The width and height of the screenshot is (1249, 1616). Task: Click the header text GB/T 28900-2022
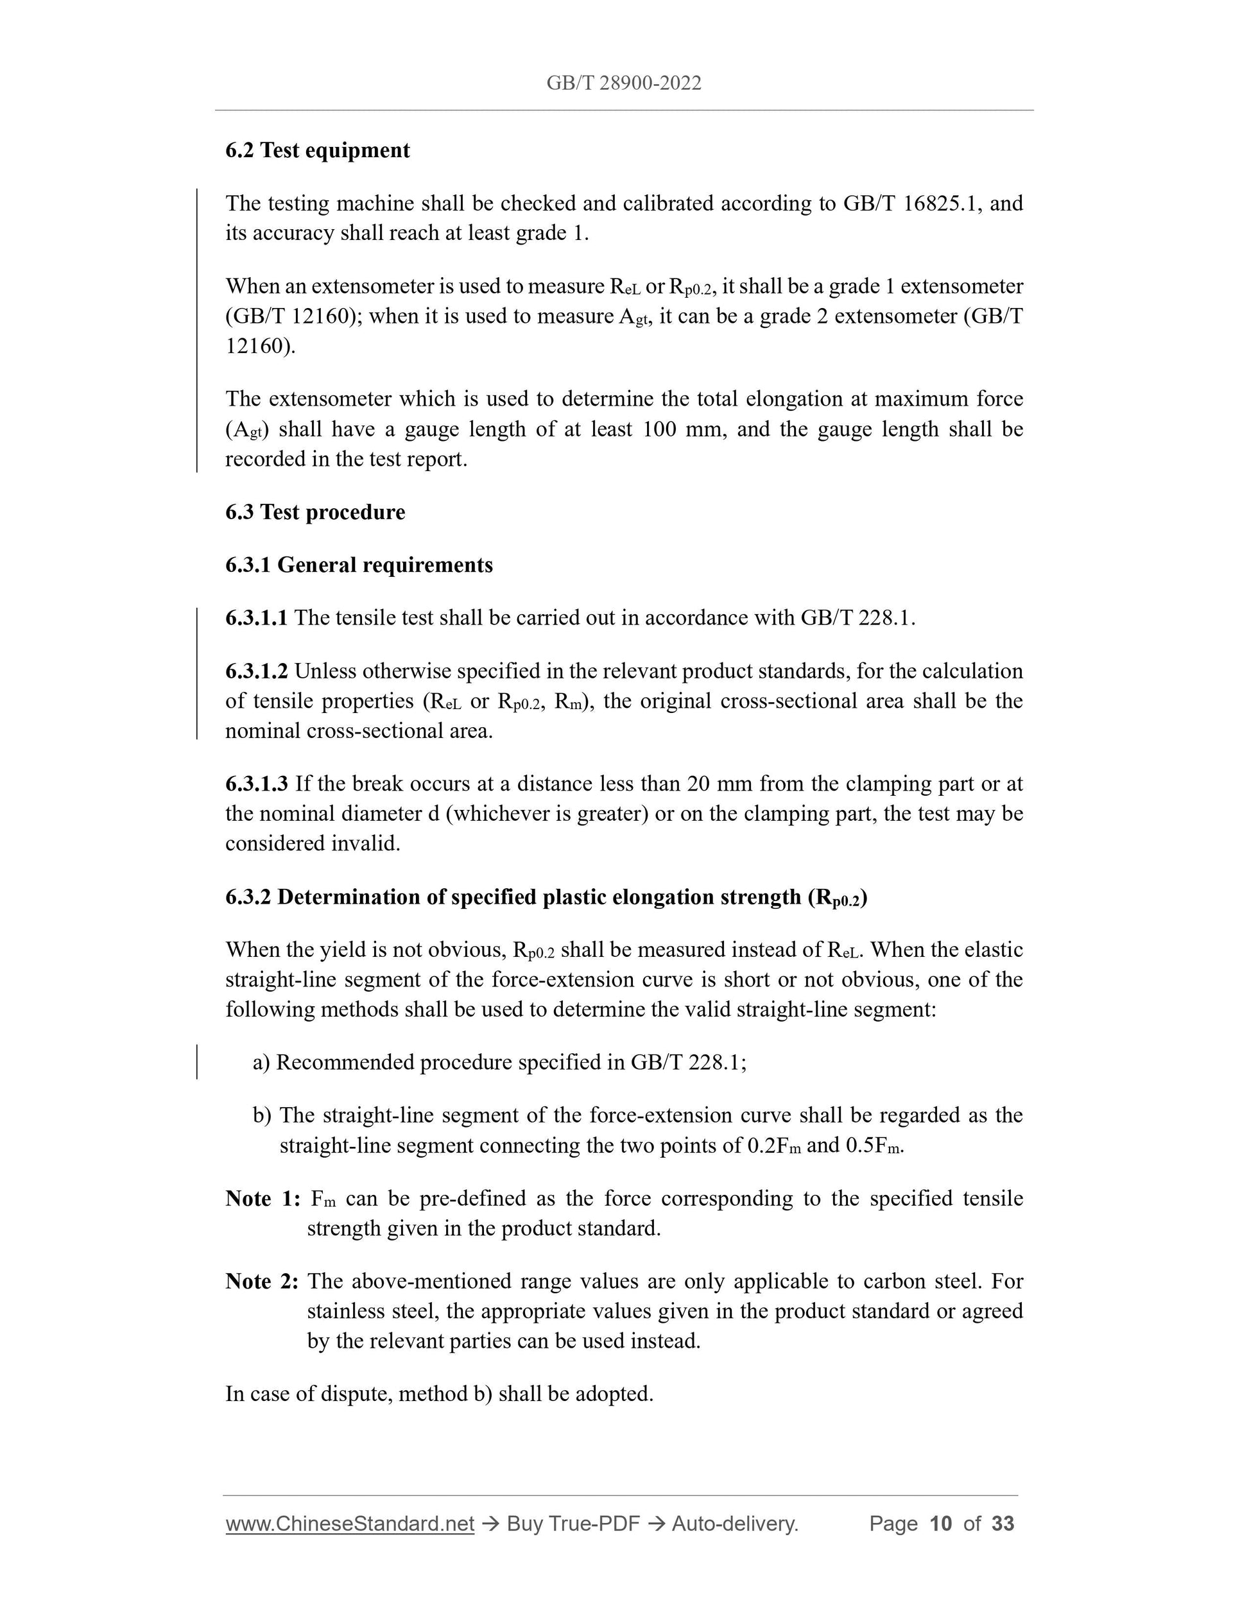click(624, 83)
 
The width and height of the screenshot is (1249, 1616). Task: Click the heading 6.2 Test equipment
click(318, 151)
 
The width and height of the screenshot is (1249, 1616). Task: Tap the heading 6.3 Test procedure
click(315, 512)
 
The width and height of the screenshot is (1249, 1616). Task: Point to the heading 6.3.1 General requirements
click(359, 565)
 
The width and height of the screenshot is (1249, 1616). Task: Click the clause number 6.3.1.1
click(256, 618)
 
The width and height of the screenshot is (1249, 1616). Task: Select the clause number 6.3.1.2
click(256, 671)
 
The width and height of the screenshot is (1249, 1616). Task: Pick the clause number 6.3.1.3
click(256, 784)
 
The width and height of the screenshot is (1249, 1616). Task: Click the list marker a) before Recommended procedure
click(261, 1063)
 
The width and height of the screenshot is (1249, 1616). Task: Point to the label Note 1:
click(263, 1198)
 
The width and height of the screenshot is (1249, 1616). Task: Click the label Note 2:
click(263, 1281)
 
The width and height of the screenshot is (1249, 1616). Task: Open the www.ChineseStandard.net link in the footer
click(350, 1524)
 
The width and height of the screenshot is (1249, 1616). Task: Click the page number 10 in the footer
click(940, 1524)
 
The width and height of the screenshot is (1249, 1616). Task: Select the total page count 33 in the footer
click(1003, 1524)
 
